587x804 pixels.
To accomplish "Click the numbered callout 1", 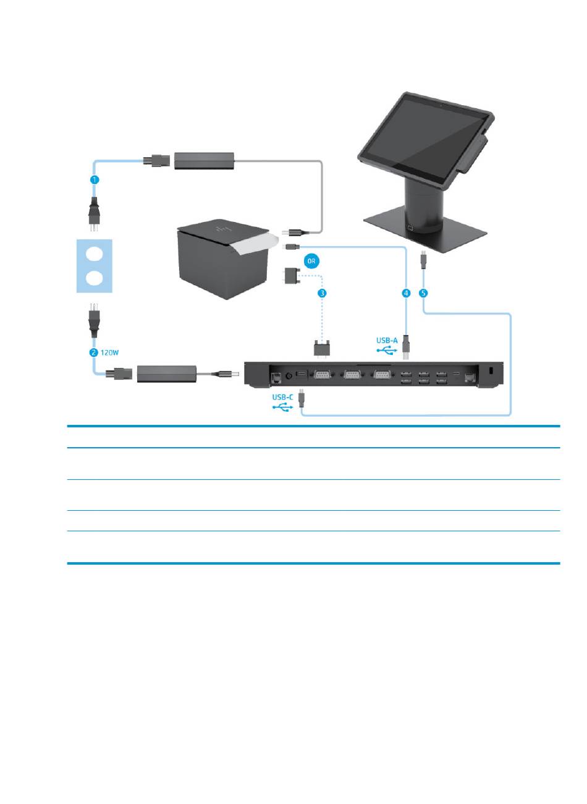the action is [95, 179].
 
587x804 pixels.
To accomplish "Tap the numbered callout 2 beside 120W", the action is [93, 353].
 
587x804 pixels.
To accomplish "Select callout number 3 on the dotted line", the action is [322, 293].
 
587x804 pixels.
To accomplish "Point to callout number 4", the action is [405, 293].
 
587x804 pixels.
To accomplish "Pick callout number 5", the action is [423, 293].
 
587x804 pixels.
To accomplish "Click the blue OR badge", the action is [311, 261].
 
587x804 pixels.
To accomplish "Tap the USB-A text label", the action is [387, 340].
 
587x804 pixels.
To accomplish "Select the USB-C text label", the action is [282, 397].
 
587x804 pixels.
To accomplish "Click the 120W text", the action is [109, 353].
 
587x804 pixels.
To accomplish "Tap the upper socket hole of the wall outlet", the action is [95, 254].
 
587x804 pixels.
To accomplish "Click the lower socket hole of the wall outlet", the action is [95, 278].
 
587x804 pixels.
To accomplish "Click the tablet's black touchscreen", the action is [423, 137].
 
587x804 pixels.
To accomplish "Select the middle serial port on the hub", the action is [352, 375].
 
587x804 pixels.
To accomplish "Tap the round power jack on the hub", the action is [289, 376].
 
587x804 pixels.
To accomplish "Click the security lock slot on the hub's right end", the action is [492, 370].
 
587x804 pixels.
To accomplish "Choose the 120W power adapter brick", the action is [166, 374].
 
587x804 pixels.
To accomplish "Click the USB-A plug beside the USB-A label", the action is [406, 347].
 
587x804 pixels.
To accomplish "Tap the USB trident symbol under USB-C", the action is [282, 408].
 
